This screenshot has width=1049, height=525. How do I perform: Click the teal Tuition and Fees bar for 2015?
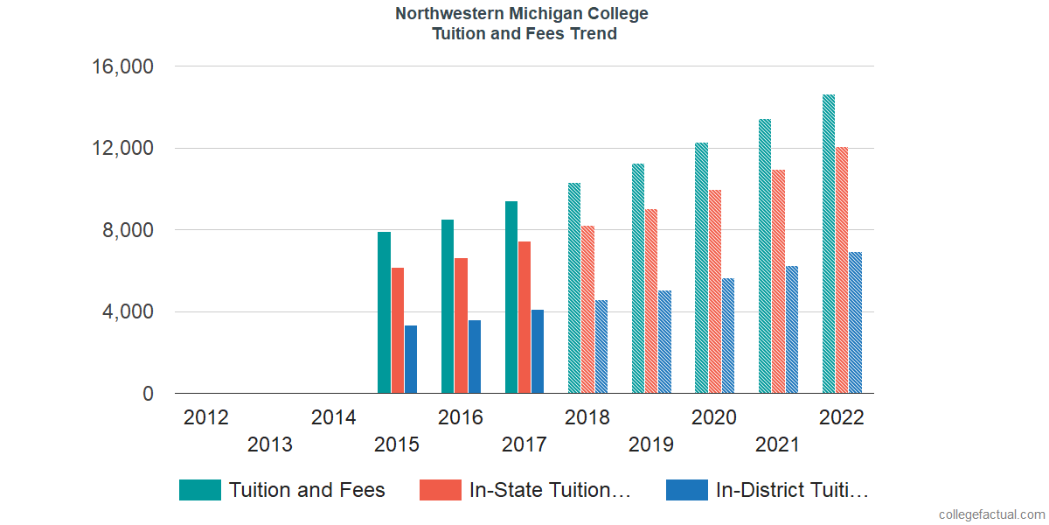384,312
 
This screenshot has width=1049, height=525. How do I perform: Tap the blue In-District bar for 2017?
538,352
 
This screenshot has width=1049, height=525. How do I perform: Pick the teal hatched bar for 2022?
829,244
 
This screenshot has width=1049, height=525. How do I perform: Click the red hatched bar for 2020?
714,291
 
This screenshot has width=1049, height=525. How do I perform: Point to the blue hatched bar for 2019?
664,342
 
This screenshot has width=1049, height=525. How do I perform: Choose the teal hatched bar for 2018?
574,288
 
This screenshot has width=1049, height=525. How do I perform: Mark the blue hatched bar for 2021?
791,330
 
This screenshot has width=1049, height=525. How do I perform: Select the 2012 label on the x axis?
206,417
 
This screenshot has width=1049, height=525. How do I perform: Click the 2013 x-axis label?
270,444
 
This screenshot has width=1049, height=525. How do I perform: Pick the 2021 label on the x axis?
778,444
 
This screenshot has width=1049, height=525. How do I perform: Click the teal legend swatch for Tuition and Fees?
200,490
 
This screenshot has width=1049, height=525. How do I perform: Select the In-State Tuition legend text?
550,490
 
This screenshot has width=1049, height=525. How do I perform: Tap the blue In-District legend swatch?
686,490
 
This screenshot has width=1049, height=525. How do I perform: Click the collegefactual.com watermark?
991,514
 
